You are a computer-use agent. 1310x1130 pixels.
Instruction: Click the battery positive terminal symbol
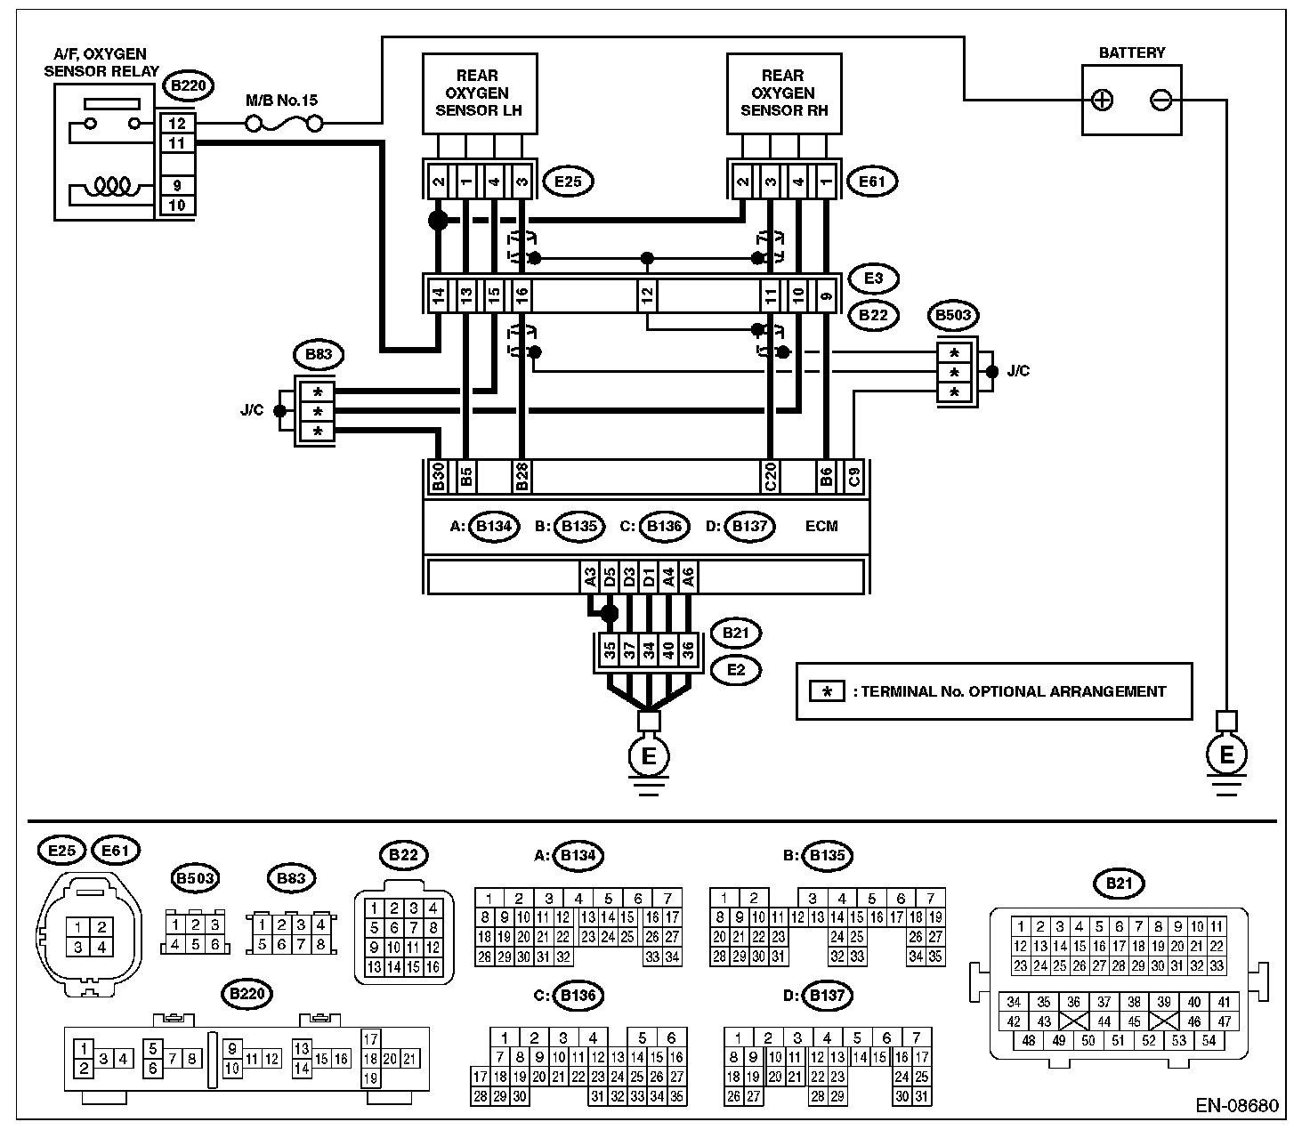(x=1102, y=101)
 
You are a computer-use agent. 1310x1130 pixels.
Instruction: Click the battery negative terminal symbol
(x=1160, y=101)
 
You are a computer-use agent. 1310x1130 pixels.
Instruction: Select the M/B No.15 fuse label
(x=281, y=101)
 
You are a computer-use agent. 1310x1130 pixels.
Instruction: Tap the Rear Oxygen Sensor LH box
(x=480, y=93)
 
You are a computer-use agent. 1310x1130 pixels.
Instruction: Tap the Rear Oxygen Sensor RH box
(x=784, y=93)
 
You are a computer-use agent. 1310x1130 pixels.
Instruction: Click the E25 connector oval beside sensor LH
(x=568, y=182)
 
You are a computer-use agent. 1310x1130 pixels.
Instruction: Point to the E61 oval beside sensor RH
(x=871, y=182)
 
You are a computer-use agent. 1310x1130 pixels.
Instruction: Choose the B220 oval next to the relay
(x=189, y=85)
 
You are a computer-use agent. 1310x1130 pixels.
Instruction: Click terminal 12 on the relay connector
(x=177, y=124)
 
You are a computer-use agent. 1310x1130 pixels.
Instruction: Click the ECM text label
(x=821, y=526)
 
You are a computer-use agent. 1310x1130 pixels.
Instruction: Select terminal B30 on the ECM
(x=438, y=477)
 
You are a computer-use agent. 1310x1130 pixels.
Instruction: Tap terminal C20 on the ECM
(x=770, y=477)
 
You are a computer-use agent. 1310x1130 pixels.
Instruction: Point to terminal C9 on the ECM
(x=853, y=477)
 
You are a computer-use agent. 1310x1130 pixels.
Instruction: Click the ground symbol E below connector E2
(x=649, y=756)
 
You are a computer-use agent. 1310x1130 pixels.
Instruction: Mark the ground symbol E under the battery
(x=1226, y=755)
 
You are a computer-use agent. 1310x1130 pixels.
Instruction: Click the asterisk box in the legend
(x=827, y=691)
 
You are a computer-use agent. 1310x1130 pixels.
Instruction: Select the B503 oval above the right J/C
(x=953, y=316)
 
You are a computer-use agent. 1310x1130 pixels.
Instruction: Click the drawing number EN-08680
(x=1236, y=1105)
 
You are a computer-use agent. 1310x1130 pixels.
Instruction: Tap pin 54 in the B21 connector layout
(x=1209, y=1041)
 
